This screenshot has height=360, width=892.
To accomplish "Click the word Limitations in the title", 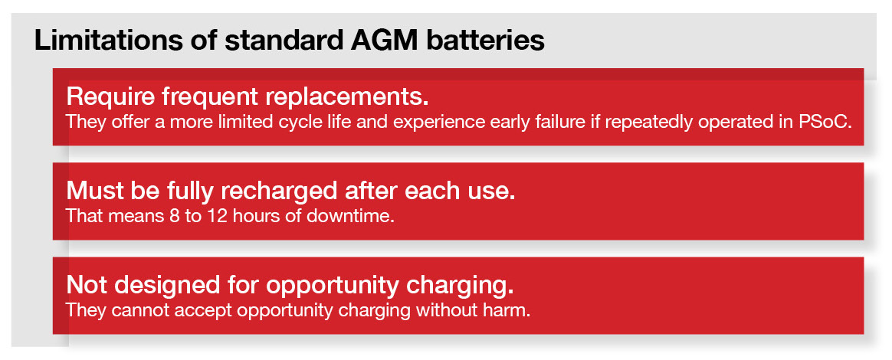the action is [109, 41].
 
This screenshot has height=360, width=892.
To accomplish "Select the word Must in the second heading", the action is [90, 191].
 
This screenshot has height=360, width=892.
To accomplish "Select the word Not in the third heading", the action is [86, 285].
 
